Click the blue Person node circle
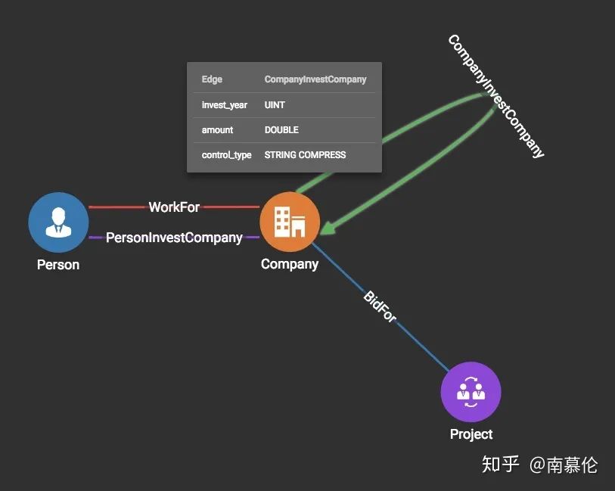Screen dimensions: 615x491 click(58, 222)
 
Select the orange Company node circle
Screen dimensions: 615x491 click(290, 222)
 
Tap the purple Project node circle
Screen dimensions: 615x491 click(471, 392)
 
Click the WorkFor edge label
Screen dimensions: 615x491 click(174, 207)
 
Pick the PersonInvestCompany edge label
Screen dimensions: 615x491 click(174, 238)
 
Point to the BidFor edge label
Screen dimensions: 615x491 click(380, 306)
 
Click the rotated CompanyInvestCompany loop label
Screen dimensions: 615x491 click(496, 96)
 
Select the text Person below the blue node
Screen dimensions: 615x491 click(58, 265)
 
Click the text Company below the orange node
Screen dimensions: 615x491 click(290, 264)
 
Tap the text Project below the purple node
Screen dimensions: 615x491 click(471, 434)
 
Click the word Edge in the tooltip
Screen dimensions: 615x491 click(212, 79)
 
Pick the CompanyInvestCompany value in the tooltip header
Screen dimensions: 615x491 click(315, 79)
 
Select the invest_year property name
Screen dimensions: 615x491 click(224, 105)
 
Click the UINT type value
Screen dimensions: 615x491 click(275, 105)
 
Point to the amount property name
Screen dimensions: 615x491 click(217, 130)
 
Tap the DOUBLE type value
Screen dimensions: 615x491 click(281, 130)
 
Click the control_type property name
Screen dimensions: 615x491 click(226, 155)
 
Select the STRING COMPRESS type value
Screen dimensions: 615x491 click(305, 155)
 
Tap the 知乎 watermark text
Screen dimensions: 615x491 click(501, 464)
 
